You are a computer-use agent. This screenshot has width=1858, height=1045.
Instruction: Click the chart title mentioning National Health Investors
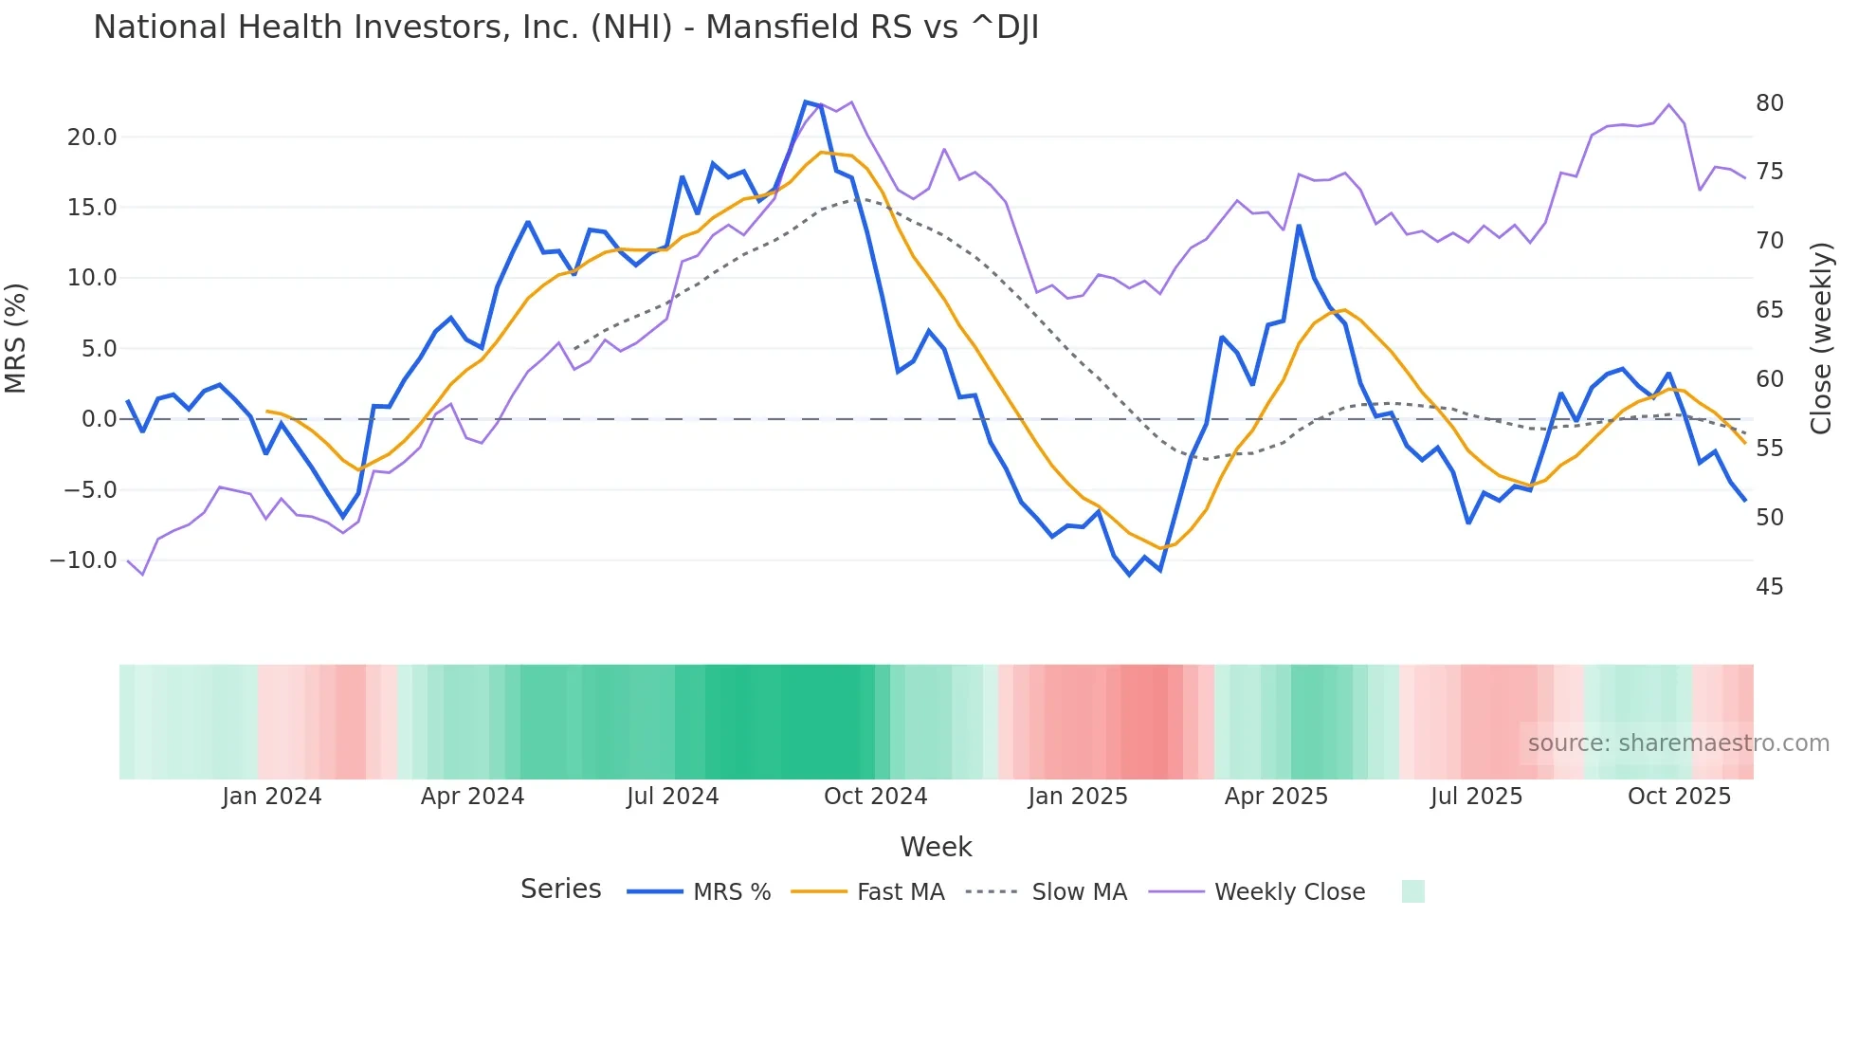click(566, 27)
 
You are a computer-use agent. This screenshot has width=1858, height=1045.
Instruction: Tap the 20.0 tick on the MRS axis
click(92, 137)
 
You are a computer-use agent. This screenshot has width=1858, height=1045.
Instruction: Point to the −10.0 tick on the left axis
click(83, 560)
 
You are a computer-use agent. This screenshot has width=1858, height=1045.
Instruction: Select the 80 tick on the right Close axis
click(1769, 103)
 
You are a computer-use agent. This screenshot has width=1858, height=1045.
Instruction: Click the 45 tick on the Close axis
click(1769, 587)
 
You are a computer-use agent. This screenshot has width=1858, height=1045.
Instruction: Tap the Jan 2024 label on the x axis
click(272, 797)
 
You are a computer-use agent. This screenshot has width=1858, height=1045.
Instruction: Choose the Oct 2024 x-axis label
click(875, 797)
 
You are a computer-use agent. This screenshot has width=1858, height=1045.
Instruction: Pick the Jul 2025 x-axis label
click(1476, 797)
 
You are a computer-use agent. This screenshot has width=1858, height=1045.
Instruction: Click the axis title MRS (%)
click(16, 339)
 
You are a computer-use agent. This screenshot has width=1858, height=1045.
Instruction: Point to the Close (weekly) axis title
click(1820, 339)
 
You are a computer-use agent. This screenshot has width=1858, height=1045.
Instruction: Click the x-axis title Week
click(936, 847)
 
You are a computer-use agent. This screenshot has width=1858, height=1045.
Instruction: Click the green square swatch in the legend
click(1412, 891)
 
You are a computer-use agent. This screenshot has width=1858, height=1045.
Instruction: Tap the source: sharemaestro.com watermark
click(1678, 743)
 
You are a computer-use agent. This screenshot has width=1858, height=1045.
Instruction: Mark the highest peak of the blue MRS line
click(806, 101)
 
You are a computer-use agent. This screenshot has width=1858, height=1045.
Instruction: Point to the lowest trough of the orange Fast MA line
click(1160, 549)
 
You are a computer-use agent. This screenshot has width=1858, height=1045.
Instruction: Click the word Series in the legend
click(560, 889)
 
